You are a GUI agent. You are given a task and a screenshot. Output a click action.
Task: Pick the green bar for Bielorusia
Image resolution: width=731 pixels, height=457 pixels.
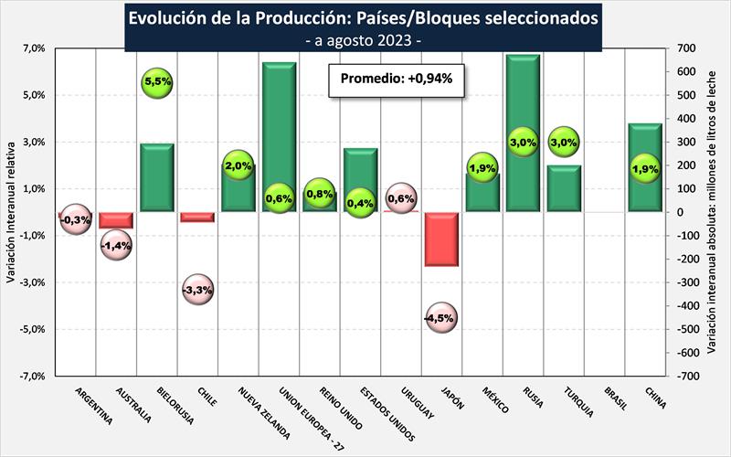point(157,177)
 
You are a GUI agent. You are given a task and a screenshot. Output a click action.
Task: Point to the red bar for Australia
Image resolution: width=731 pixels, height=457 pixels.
point(117,220)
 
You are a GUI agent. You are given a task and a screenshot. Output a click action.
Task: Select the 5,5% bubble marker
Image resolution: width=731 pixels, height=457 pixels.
point(157,82)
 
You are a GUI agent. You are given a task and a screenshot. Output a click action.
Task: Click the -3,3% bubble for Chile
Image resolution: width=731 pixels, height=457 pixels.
point(198,290)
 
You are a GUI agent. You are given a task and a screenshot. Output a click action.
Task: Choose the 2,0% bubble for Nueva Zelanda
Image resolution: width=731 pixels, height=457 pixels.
point(238,165)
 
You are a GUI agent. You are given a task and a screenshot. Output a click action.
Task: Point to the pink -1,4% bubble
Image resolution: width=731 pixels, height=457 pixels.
point(117,244)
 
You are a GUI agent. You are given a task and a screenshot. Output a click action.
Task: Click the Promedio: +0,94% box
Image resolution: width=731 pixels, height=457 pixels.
point(397,80)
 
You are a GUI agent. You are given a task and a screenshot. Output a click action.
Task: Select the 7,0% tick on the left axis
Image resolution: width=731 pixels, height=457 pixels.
point(32,48)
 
